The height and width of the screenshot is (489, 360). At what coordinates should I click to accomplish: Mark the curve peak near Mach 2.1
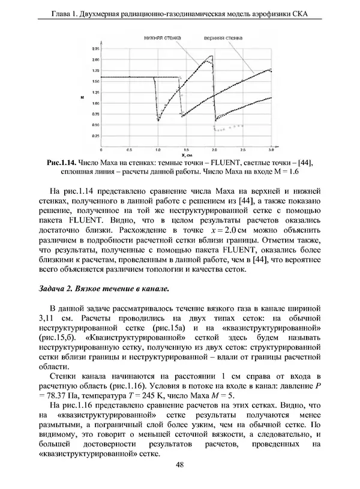pos(211,56)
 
